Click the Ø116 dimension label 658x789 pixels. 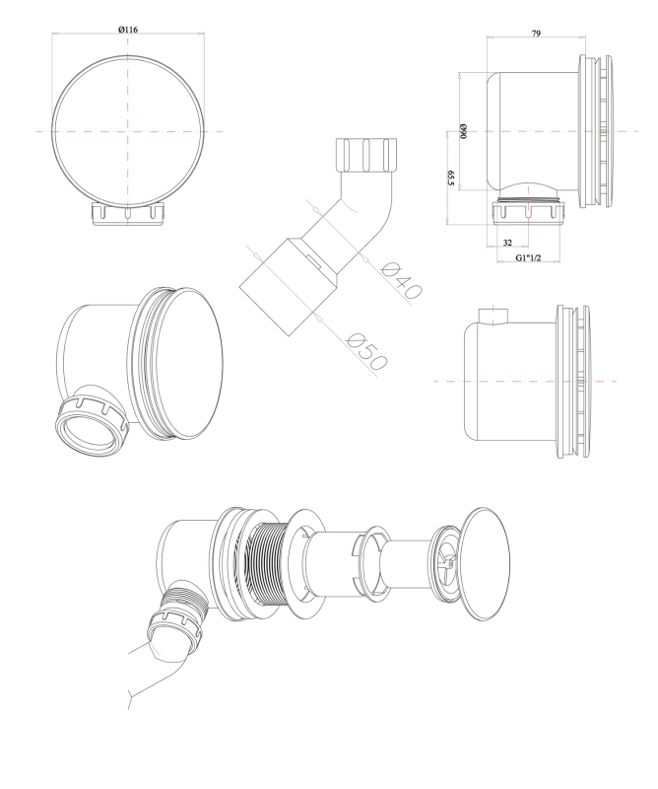click(x=128, y=30)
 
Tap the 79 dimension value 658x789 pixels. click(x=536, y=34)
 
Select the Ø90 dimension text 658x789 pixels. click(x=463, y=131)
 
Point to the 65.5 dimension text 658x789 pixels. click(x=450, y=179)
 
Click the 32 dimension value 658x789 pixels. click(x=507, y=243)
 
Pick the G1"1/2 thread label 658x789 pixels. click(x=528, y=257)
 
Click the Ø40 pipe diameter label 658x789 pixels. click(x=402, y=280)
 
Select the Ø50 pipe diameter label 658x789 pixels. click(x=367, y=352)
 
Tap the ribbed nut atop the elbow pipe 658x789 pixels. click(x=367, y=155)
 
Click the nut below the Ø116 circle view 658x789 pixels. click(x=128, y=214)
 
